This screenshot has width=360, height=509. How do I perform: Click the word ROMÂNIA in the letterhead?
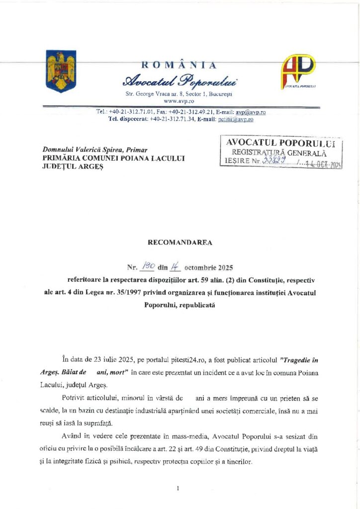pyautogui.click(x=179, y=65)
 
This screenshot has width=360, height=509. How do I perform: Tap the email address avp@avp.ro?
pyautogui.click(x=250, y=112)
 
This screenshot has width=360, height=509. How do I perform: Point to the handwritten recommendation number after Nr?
pyautogui.click(x=148, y=266)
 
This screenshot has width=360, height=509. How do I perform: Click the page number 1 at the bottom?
pyautogui.click(x=178, y=489)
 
